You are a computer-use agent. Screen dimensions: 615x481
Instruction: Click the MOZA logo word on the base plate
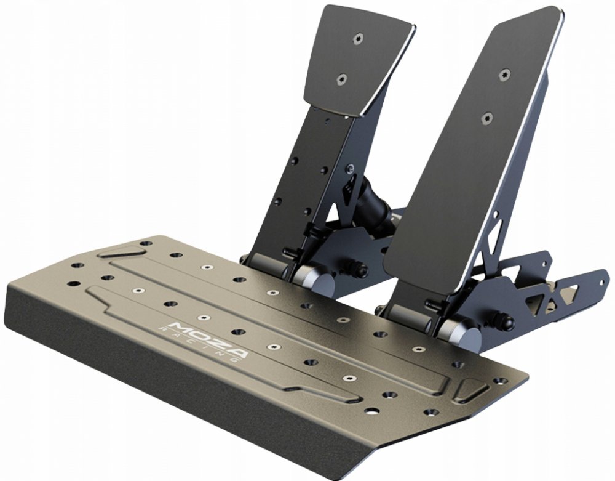tap(207, 339)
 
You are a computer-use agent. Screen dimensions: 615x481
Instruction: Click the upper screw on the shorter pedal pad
tap(358, 38)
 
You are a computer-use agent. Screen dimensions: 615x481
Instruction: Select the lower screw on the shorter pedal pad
tap(343, 79)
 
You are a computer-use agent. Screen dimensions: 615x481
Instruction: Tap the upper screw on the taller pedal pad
tap(505, 75)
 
